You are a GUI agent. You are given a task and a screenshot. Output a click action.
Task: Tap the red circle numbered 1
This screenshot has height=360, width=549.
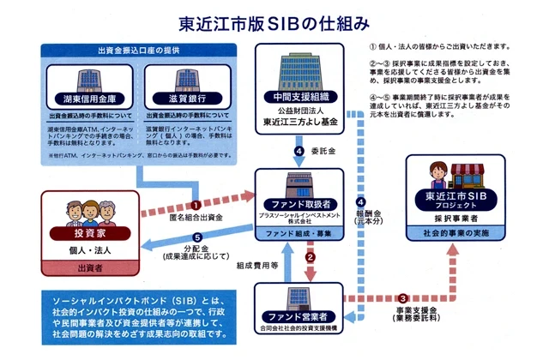click(x=196, y=206)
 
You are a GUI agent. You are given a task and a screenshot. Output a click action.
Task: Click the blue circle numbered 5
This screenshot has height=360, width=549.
click(x=196, y=239)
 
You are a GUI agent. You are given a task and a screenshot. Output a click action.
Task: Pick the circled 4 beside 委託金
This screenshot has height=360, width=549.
click(x=298, y=152)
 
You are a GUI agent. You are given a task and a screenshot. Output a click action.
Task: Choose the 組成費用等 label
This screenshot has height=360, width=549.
click(x=254, y=266)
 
